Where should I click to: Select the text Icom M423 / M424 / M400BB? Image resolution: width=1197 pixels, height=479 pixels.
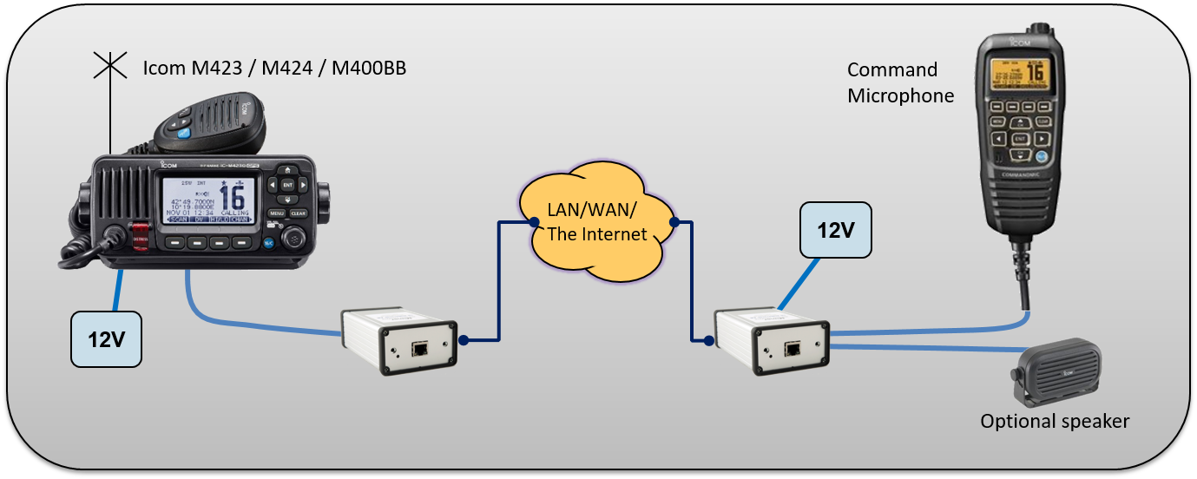coord(274,68)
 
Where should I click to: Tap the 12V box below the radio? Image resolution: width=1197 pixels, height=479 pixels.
coord(106,338)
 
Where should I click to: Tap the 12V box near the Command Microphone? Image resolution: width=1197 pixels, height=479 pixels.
coord(836,230)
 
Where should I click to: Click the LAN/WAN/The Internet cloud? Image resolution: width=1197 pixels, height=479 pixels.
coord(598,223)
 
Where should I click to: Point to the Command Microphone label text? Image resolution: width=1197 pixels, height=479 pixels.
coord(900,82)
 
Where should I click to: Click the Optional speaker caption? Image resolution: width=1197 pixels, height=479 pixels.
coord(1055,422)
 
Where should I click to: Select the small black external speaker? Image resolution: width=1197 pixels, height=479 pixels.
coord(1058,370)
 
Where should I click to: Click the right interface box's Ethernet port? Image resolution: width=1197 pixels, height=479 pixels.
coord(792,351)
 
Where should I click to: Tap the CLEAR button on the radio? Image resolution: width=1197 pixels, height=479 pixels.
coord(298,213)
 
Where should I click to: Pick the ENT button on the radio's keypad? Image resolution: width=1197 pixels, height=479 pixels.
coord(287,185)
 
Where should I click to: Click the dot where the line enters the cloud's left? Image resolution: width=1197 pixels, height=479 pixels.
coord(532,223)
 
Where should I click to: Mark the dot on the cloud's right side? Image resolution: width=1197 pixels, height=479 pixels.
coord(674,223)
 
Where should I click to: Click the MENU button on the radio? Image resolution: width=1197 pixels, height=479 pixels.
coord(277,213)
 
